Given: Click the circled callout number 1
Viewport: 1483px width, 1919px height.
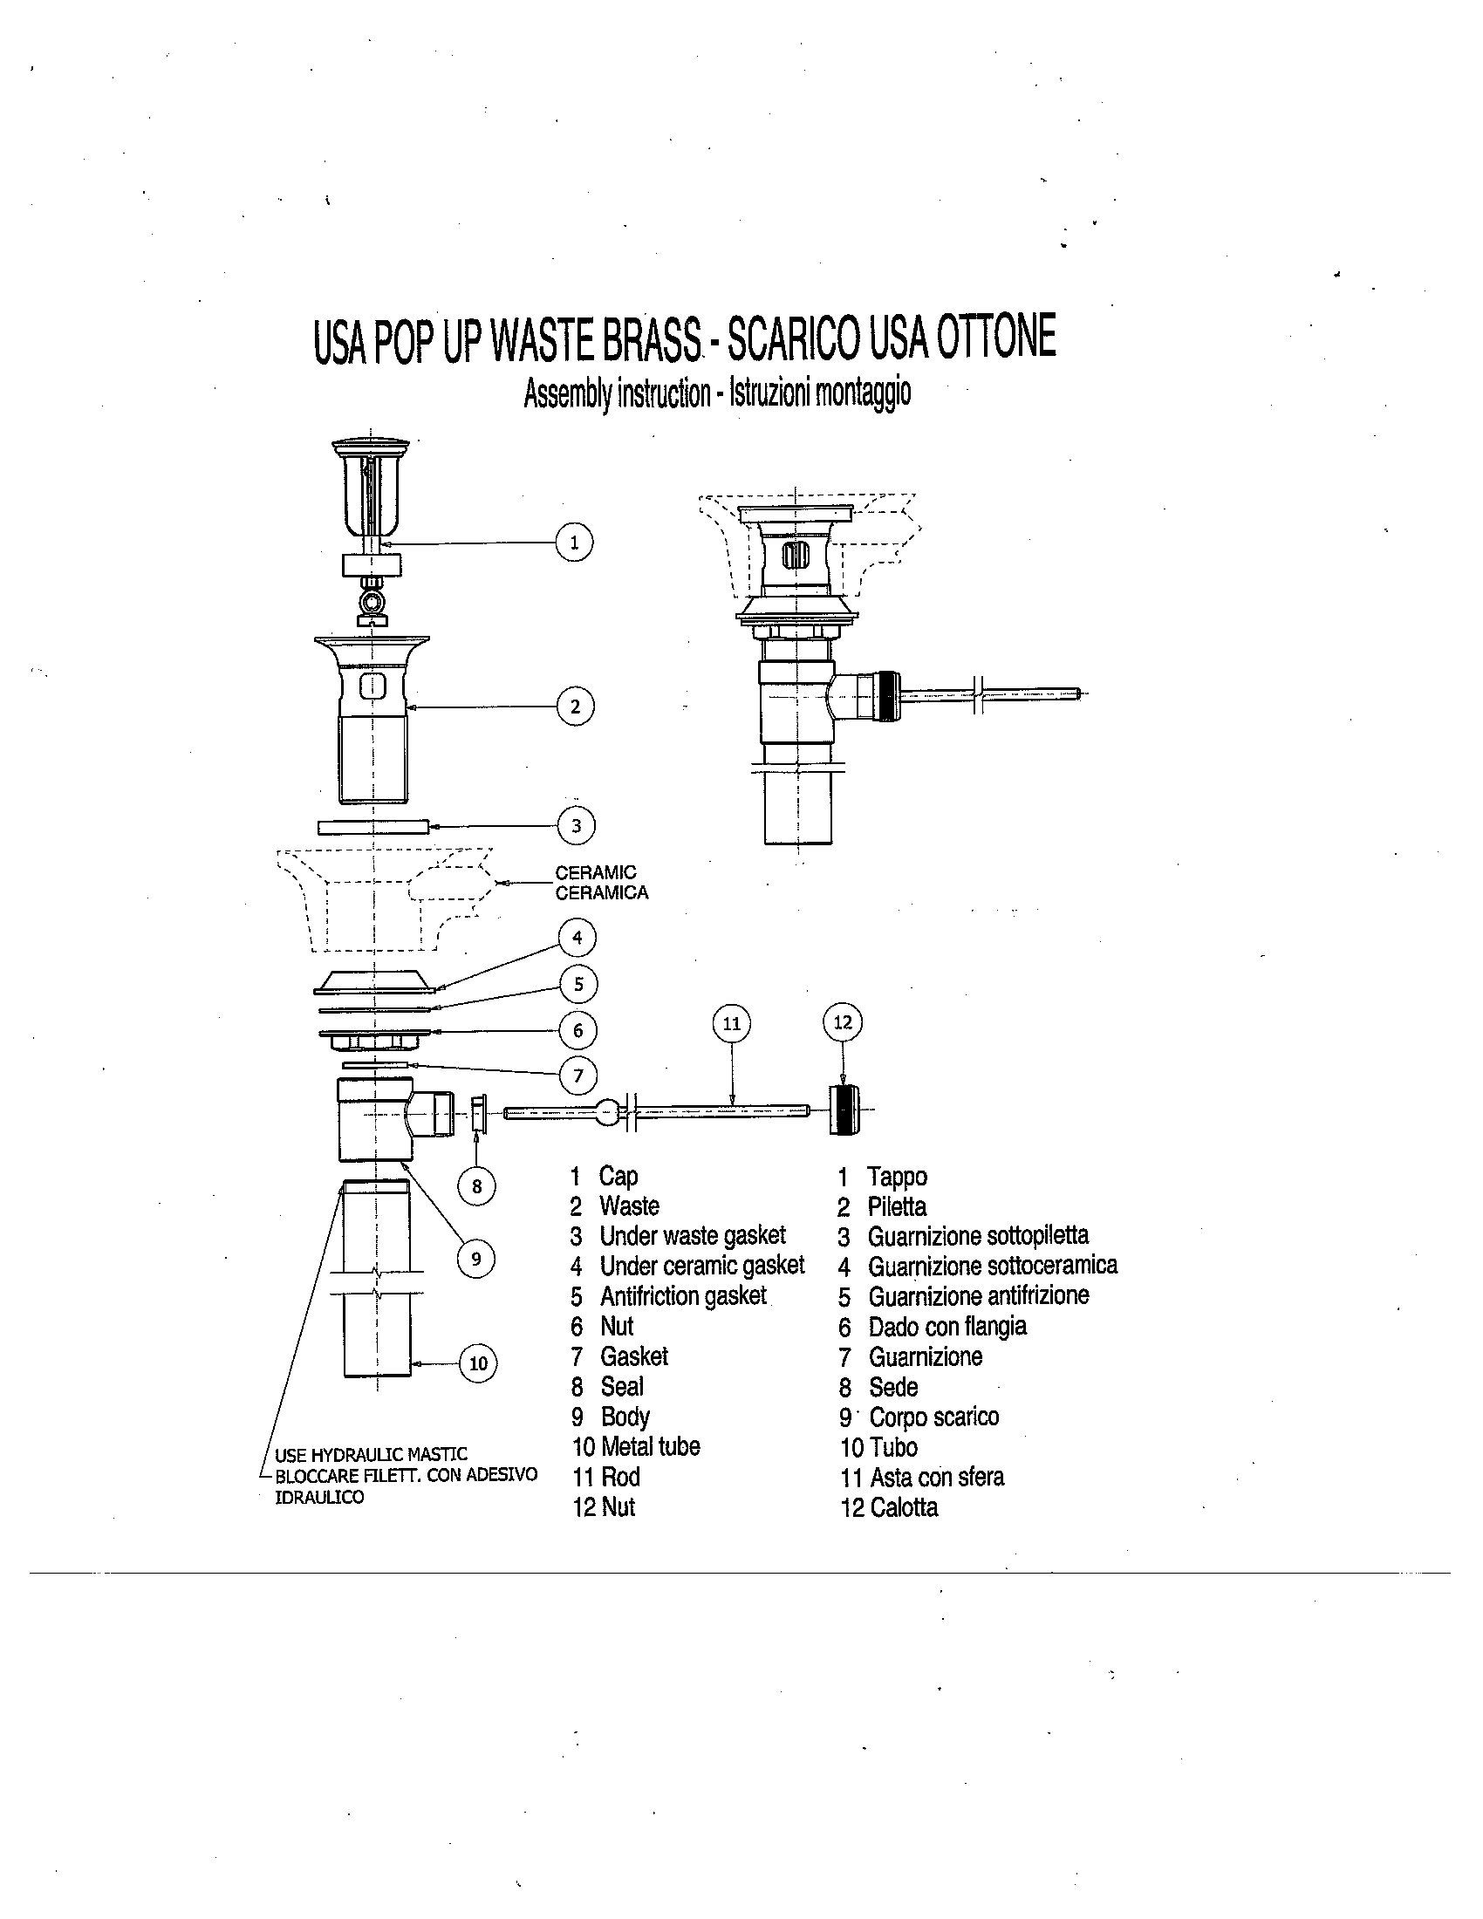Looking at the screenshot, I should click(575, 543).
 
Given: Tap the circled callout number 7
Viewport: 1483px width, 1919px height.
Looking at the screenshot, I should click(578, 1076).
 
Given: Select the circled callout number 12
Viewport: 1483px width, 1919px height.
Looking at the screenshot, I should click(843, 1022).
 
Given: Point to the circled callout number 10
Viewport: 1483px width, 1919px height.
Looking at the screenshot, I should click(478, 1363).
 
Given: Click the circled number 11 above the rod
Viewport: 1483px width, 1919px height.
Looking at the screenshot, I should click(732, 1024).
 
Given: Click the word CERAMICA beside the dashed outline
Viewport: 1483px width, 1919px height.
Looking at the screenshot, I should click(602, 893).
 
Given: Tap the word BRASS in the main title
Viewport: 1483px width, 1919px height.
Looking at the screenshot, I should click(651, 341).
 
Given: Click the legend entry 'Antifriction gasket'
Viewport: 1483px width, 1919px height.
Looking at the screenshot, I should click(683, 1297).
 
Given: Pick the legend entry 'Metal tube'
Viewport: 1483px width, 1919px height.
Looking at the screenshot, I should click(649, 1447).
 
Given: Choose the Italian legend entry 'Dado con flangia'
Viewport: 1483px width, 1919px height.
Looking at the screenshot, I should click(947, 1327).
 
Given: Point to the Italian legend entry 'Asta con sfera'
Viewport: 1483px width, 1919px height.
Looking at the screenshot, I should click(937, 1477).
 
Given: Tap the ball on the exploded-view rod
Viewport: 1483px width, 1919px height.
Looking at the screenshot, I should click(608, 1112).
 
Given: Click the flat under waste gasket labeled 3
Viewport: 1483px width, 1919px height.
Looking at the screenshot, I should click(373, 826).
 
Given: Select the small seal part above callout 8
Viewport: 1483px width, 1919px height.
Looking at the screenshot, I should click(479, 1114).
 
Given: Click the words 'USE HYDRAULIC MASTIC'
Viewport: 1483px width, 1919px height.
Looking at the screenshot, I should click(371, 1455).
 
